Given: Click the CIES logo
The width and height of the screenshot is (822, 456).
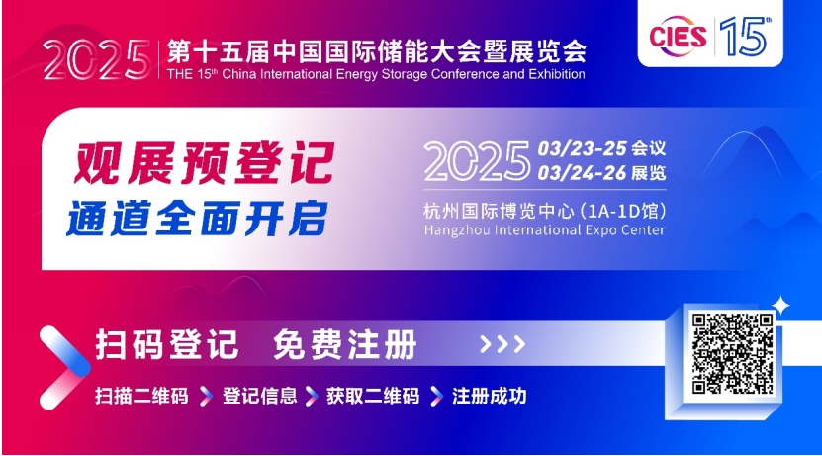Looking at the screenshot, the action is (678, 37).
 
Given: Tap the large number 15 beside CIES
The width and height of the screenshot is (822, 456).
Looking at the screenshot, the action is (745, 36).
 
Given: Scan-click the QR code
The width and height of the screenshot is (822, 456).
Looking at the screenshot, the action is (732, 353).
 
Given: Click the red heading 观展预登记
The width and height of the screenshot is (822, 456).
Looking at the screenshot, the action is (204, 163).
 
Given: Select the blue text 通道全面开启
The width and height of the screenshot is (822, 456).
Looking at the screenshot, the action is (197, 218).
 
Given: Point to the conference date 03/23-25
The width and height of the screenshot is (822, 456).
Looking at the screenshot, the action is (582, 148).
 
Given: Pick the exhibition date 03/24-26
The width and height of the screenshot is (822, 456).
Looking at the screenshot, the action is (582, 172).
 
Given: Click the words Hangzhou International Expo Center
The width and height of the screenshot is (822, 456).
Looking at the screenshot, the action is (544, 230).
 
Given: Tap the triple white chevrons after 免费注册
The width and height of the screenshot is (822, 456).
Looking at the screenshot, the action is (502, 344).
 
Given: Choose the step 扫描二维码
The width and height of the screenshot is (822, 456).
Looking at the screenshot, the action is (141, 396).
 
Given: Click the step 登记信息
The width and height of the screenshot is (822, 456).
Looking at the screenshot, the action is (259, 396).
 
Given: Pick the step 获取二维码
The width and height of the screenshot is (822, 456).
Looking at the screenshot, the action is (373, 396).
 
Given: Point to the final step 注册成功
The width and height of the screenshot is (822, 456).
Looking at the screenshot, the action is (489, 396).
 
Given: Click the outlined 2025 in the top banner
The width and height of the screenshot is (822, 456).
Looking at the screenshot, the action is (97, 59).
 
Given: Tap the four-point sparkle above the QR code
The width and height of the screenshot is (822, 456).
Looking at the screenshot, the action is (780, 305).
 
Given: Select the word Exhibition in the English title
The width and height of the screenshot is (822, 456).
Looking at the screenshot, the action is (557, 74).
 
